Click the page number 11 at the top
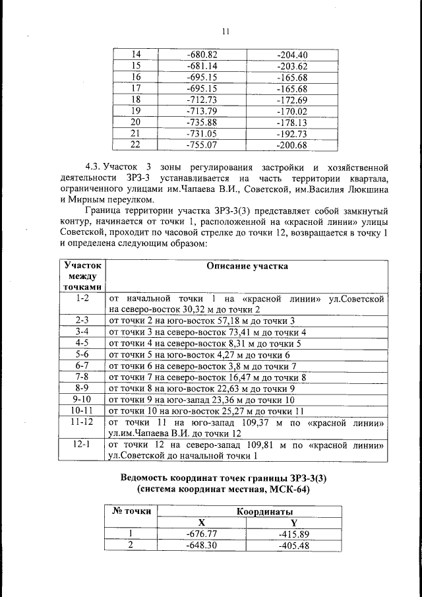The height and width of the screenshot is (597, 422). (225, 31)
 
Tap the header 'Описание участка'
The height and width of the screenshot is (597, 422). (247, 267)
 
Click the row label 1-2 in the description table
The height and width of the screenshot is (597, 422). (82, 298)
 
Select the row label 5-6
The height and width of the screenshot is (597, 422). (82, 355)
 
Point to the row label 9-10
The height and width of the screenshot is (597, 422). (82, 400)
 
